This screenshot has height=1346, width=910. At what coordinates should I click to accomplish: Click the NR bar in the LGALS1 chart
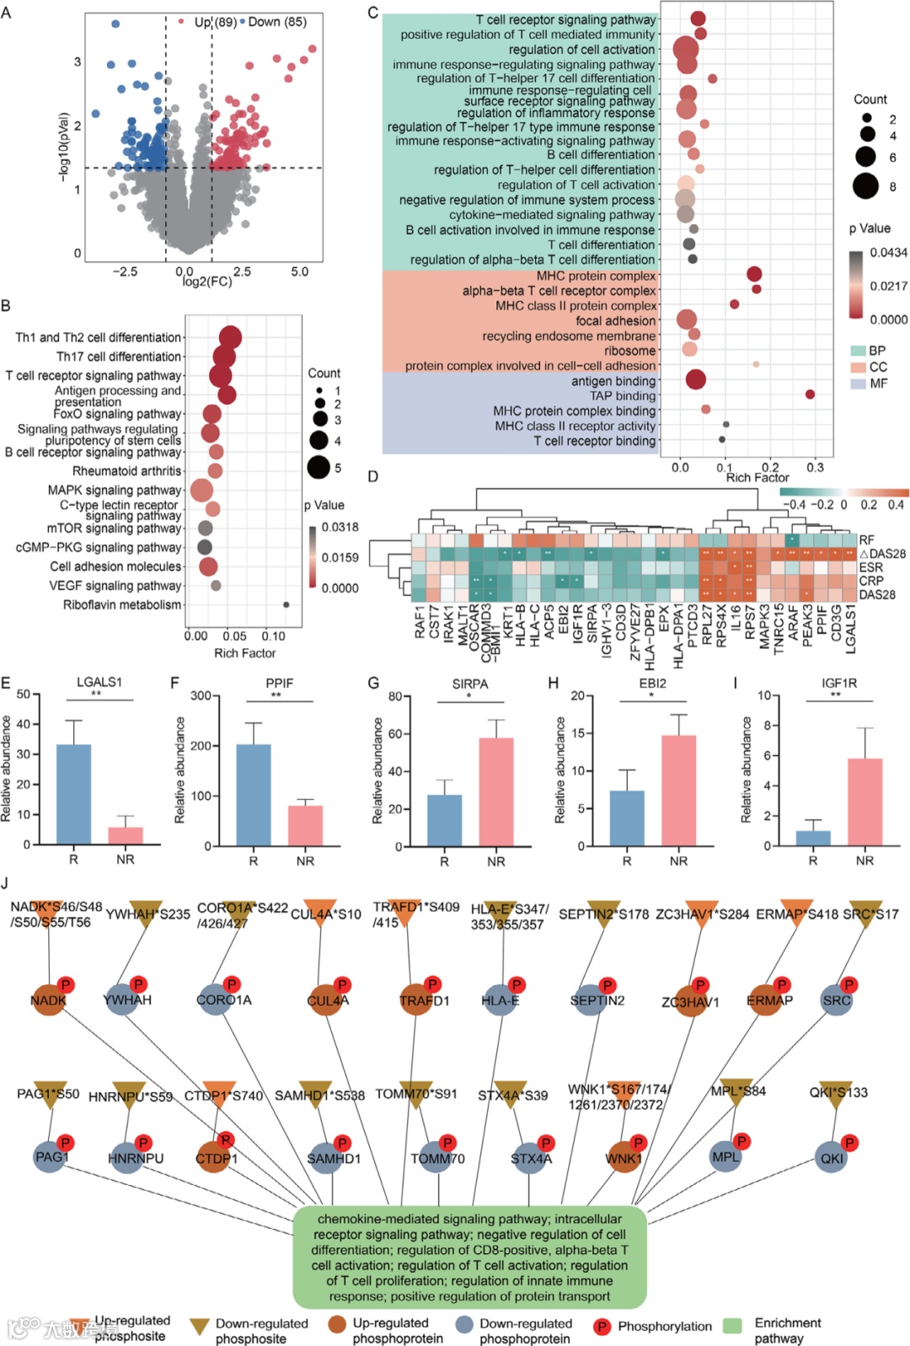126,835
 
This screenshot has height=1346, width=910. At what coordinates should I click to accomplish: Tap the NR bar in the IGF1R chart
864,802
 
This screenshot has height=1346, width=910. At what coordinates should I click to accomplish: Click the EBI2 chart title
652,684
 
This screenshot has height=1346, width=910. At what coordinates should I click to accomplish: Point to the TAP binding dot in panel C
810,394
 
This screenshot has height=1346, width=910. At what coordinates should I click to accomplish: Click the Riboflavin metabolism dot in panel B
286,604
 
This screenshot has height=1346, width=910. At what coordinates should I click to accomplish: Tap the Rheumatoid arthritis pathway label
126,471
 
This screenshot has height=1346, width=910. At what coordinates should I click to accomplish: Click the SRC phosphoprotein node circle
837,1000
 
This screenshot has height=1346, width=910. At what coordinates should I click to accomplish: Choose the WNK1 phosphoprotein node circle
624,1158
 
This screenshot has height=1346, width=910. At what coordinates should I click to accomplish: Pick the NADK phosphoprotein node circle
49,1000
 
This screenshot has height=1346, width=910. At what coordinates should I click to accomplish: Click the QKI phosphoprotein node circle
832,1158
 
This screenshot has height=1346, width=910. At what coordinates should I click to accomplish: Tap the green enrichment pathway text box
469,1257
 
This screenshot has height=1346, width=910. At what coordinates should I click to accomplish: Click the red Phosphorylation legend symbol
602,1327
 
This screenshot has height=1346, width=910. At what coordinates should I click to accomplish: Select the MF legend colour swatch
858,383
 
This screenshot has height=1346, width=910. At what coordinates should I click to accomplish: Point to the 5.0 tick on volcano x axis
299,272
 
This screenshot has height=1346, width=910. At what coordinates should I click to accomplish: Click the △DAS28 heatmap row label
882,554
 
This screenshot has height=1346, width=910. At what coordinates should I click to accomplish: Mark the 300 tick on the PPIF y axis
201,696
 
